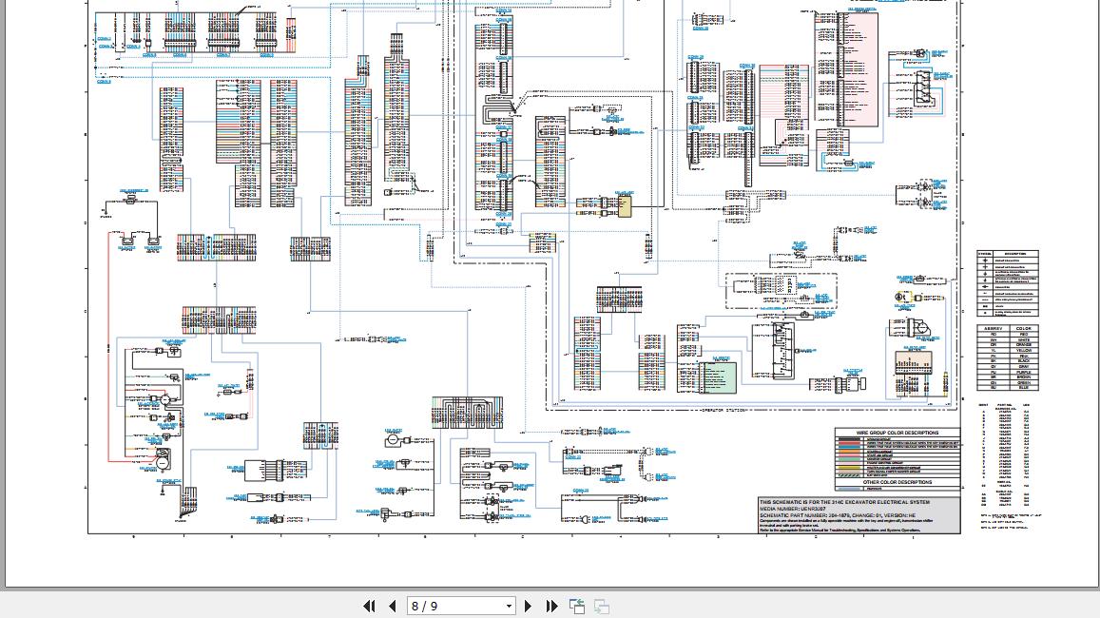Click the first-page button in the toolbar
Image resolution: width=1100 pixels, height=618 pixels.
click(369, 606)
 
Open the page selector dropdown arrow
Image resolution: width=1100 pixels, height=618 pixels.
click(509, 606)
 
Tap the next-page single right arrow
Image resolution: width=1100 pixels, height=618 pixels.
click(529, 606)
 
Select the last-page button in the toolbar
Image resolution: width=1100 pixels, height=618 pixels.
click(551, 606)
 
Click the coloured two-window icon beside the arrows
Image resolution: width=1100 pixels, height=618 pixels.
click(577, 606)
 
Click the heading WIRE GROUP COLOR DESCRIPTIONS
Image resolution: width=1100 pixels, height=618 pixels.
click(897, 433)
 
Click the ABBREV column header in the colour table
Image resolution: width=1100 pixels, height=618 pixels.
click(994, 329)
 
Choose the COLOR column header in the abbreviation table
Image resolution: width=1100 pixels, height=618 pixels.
click(1023, 329)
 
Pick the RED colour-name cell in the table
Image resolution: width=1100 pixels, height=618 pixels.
click(1023, 335)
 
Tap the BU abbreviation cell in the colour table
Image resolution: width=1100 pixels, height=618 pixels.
click(994, 388)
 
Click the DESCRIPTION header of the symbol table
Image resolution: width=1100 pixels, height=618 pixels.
click(1015, 254)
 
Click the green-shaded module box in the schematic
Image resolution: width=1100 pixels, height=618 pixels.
click(720, 376)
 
